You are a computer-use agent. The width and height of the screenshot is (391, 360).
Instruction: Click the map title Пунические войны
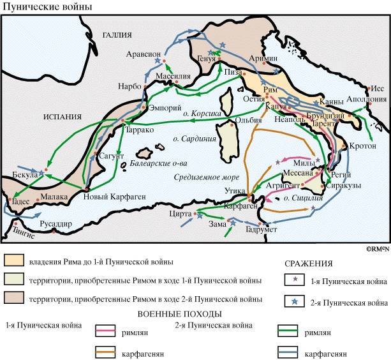47,7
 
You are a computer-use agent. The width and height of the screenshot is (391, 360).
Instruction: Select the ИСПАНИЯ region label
62,116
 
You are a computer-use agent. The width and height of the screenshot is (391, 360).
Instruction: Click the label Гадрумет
262,229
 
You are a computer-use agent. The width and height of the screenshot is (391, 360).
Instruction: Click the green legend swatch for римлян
290,331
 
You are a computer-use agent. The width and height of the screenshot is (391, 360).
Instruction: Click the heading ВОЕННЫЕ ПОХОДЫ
179,314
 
